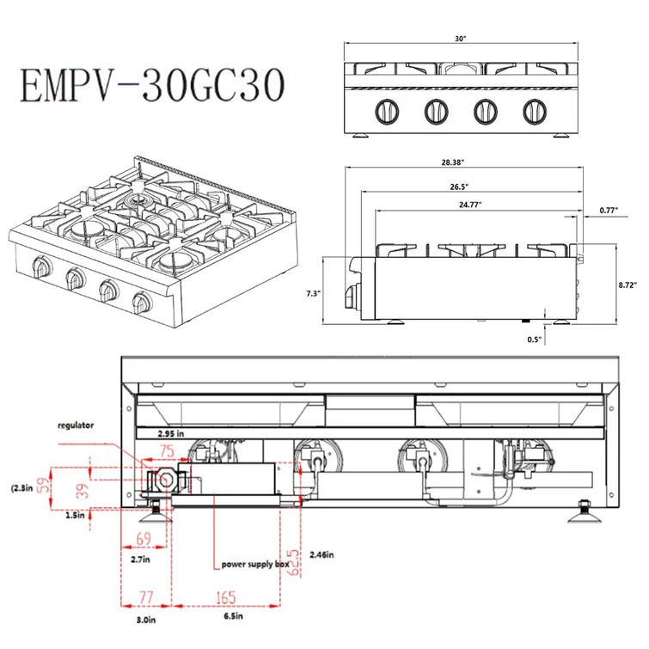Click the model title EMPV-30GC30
(x=152, y=85)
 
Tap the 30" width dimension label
(x=460, y=39)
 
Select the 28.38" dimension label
(x=452, y=162)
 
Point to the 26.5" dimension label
(x=459, y=187)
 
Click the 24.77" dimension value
(x=470, y=204)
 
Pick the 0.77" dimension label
(x=609, y=211)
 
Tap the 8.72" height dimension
(x=628, y=285)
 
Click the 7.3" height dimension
(x=313, y=293)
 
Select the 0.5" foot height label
(x=534, y=340)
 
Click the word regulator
(x=76, y=426)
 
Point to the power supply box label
(x=255, y=564)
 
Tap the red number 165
(x=226, y=597)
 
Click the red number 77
(x=146, y=597)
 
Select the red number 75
(x=167, y=450)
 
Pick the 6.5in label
(x=234, y=615)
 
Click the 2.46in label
(x=321, y=554)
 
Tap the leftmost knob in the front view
(x=387, y=112)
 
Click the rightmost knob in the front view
(x=535, y=112)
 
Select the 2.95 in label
(x=170, y=434)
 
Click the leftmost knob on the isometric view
(x=42, y=267)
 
